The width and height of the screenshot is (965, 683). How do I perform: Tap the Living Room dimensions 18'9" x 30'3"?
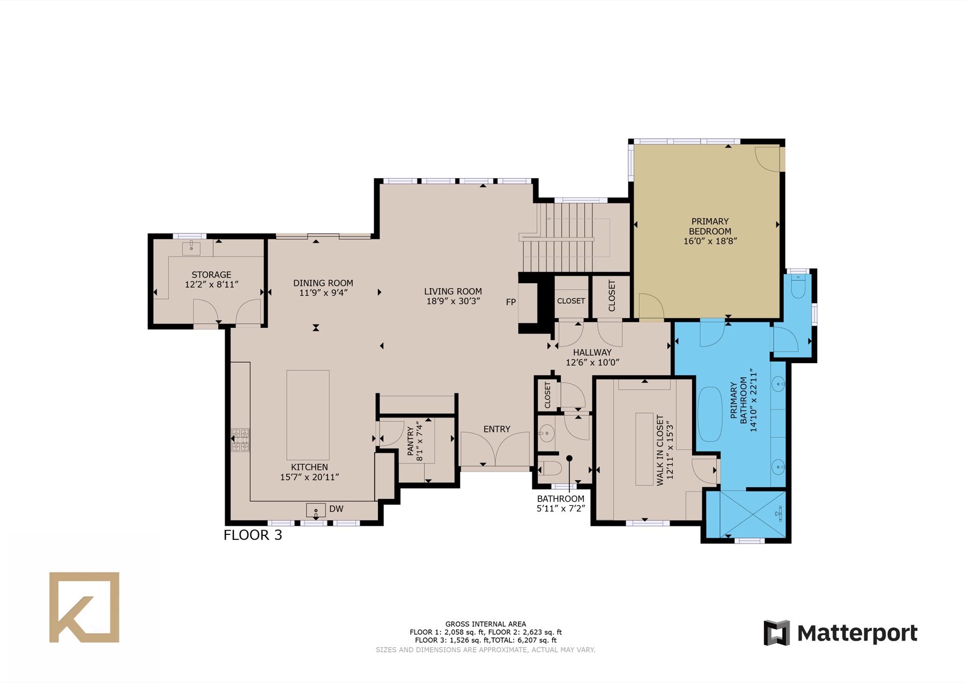pyautogui.click(x=453, y=302)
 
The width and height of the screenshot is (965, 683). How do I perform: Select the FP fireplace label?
pyautogui.click(x=511, y=302)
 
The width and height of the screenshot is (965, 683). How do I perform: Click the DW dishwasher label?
pyautogui.click(x=336, y=509)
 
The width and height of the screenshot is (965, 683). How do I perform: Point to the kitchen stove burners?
pyautogui.click(x=240, y=440)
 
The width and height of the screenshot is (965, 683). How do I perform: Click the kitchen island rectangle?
pyautogui.click(x=308, y=415)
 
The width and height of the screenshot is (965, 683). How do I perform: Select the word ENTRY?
pyautogui.click(x=497, y=429)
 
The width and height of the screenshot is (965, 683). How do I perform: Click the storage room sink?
pyautogui.click(x=191, y=248)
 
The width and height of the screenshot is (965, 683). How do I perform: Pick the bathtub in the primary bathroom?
pyautogui.click(x=710, y=414)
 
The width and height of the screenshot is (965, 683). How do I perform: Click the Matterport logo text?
pyautogui.click(x=857, y=633)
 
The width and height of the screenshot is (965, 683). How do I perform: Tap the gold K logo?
pyautogui.click(x=84, y=607)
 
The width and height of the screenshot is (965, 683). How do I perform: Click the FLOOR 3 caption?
pyautogui.click(x=253, y=535)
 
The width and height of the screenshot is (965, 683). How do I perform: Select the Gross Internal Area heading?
pyautogui.click(x=486, y=624)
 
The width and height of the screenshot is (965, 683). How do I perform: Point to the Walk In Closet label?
pyautogui.click(x=664, y=450)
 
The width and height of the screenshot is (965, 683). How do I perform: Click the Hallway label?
pyautogui.click(x=592, y=352)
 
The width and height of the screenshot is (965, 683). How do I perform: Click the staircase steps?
pyautogui.click(x=558, y=237)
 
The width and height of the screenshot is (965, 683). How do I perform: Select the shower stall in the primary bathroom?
pyautogui.click(x=752, y=513)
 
